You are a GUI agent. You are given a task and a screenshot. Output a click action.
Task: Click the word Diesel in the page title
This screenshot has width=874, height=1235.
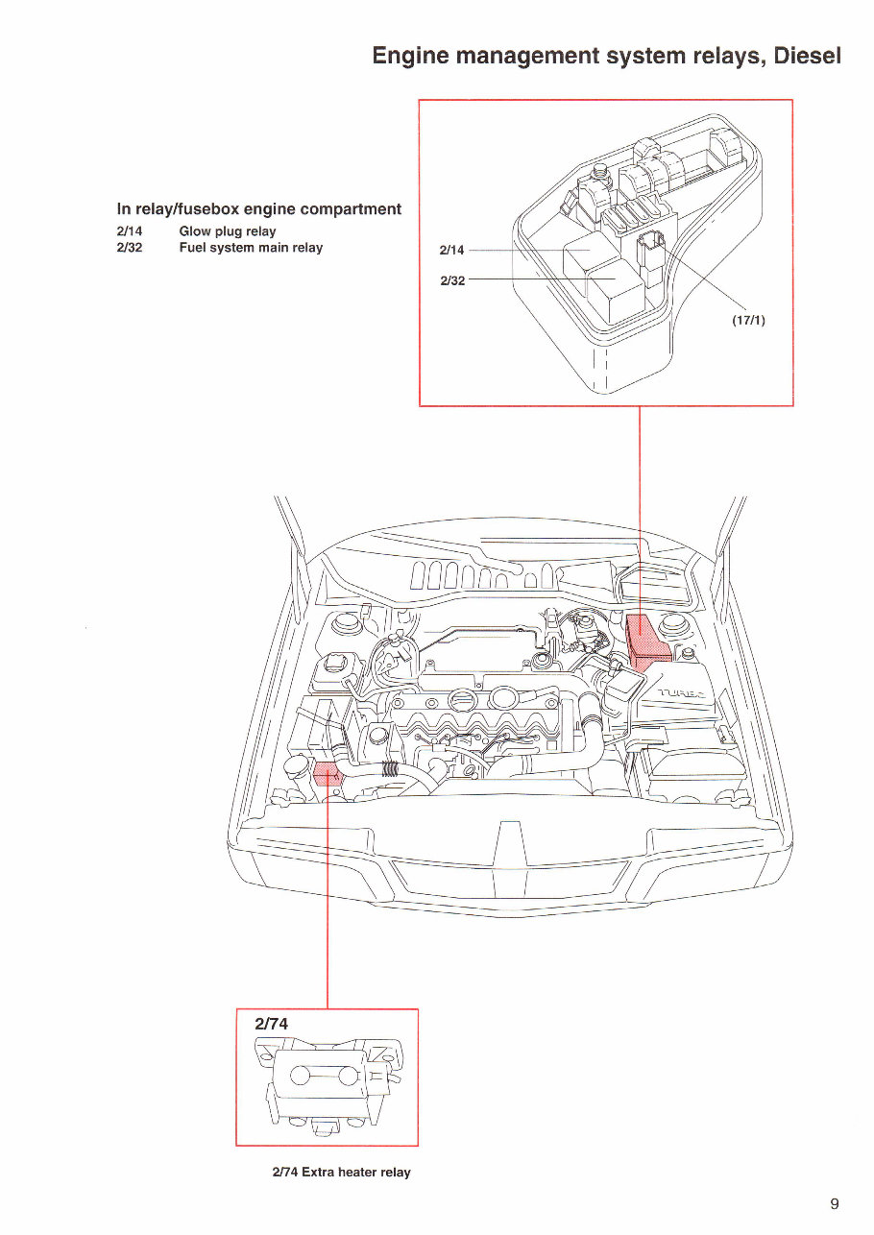[x=807, y=55]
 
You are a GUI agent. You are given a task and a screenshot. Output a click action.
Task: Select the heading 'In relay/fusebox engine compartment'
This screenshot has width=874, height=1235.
[x=258, y=208]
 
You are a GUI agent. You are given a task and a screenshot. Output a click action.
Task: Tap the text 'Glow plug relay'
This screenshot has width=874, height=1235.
[x=228, y=231]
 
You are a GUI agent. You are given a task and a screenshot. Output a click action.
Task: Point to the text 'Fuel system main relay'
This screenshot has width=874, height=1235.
[x=251, y=248]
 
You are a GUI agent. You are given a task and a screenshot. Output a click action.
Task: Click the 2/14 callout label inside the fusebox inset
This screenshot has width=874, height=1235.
[x=451, y=251]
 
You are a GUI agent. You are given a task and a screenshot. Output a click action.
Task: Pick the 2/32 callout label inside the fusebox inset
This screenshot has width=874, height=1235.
[x=451, y=280]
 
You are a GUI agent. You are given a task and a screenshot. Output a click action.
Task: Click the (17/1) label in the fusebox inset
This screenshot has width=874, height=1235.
[x=748, y=321]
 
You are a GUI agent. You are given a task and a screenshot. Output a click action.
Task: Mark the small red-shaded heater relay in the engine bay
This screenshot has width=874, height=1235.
[x=328, y=773]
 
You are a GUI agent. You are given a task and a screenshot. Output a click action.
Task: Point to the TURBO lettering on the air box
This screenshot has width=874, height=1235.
[x=680, y=693]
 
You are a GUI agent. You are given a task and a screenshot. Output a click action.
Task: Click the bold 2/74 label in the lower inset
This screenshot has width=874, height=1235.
[x=271, y=1024]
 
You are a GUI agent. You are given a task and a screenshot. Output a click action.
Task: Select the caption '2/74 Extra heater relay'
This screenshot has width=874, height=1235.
[x=341, y=1173]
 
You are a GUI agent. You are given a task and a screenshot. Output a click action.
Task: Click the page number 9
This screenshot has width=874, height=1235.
[x=835, y=1204]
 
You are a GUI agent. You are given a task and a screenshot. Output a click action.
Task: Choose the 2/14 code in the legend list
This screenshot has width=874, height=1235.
[x=130, y=231]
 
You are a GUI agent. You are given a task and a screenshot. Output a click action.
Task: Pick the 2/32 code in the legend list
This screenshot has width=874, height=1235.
[x=130, y=248]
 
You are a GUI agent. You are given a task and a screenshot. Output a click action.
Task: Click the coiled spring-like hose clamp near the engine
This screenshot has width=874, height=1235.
[x=390, y=769]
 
